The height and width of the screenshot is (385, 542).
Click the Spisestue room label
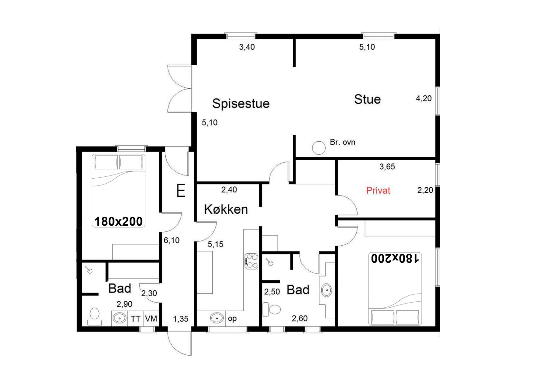tap(241, 104)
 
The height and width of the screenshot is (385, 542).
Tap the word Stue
tap(367, 99)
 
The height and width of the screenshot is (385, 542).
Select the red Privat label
tap(378, 190)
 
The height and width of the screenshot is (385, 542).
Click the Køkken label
tap(226, 210)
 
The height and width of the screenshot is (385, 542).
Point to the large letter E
tap(181, 191)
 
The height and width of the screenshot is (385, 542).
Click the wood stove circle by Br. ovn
tap(319, 148)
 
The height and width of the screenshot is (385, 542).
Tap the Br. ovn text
tap(342, 142)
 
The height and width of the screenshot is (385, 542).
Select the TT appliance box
tap(135, 319)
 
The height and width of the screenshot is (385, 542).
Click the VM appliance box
tap(151, 319)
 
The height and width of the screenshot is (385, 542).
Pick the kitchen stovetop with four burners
tap(252, 261)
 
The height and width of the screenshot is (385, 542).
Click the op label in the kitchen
tap(232, 319)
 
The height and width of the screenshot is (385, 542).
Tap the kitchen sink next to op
tap(217, 318)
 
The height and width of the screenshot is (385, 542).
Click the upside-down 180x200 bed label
tap(395, 258)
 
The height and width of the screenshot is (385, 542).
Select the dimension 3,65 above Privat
tap(387, 167)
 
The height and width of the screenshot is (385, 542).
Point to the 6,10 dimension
tap(171, 240)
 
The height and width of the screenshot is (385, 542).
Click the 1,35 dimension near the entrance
tap(180, 319)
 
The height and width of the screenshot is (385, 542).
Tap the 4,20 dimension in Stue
tap(424, 98)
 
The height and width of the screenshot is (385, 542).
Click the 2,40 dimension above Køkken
tap(229, 190)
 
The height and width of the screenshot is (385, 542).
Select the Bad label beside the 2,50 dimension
tap(298, 290)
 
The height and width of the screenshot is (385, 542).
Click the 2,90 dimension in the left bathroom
tap(124, 304)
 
